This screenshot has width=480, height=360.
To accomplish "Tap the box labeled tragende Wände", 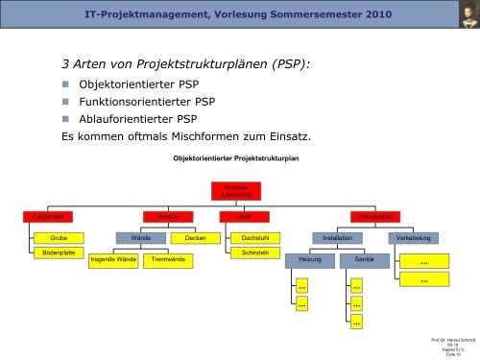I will [x=113, y=259].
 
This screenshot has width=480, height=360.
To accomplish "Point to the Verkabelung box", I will [x=414, y=236].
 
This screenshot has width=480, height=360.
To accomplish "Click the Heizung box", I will [x=309, y=259].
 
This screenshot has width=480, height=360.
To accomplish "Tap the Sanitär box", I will [x=365, y=259].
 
